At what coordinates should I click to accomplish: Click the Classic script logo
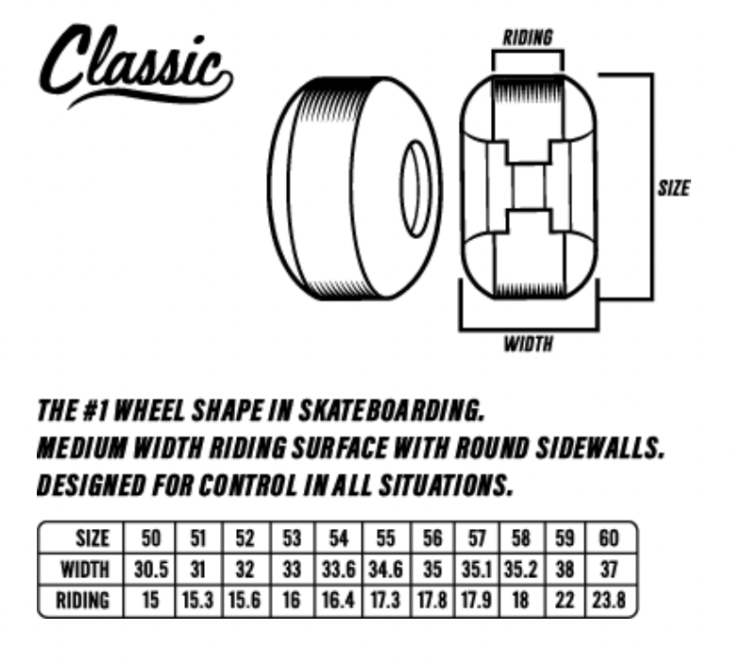135,65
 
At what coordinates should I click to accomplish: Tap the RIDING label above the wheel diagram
528,38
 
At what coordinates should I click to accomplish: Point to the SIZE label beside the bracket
674,188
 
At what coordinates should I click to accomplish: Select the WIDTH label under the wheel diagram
529,344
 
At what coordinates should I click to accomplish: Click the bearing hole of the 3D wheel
416,189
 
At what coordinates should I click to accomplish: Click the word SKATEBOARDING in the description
392,410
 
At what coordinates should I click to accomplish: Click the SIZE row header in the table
93,538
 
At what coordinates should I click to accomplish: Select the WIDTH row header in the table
85,569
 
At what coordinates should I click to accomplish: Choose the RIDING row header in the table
82,600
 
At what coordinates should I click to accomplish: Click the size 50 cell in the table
150,538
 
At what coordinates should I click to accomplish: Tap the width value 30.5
151,569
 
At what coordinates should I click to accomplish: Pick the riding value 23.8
609,600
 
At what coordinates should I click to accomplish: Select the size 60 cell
609,538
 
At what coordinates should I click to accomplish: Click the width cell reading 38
565,569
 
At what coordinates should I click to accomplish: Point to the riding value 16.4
338,600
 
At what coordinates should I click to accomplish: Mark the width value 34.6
385,569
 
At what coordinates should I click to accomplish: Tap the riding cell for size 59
565,600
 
